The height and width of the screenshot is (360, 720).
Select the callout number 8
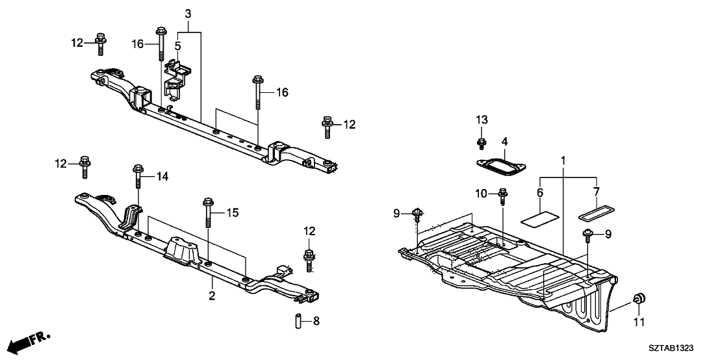(x=316, y=320)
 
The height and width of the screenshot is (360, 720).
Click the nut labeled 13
(x=481, y=143)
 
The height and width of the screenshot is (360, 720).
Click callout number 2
(x=212, y=296)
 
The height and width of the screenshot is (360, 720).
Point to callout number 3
(x=188, y=14)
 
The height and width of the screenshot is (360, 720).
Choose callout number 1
(x=563, y=159)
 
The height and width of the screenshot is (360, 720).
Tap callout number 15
(x=233, y=212)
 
